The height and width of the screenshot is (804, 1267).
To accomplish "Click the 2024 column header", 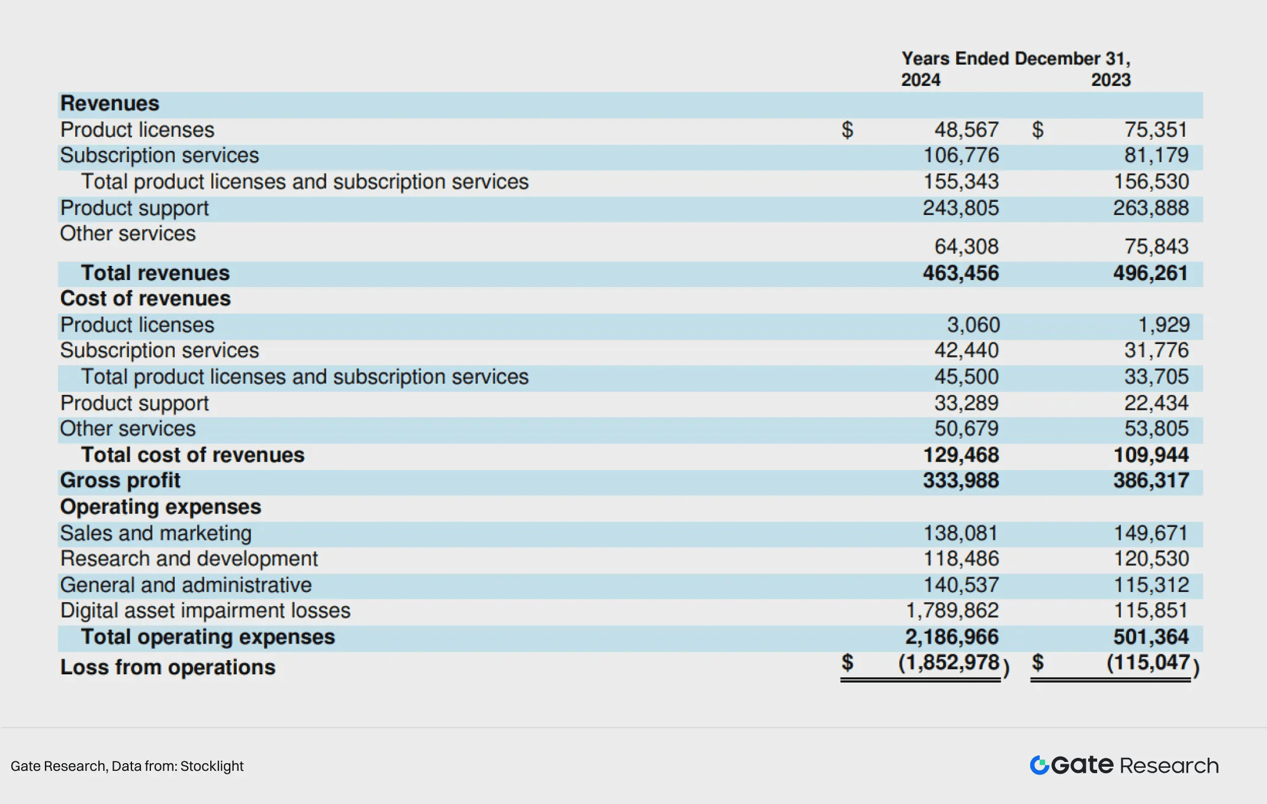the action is tap(921, 80).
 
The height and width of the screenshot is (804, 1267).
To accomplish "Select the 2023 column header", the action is tap(1111, 80).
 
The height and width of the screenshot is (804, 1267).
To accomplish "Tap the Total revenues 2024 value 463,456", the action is tap(960, 273).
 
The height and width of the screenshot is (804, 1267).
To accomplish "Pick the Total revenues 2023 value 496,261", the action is tap(1150, 273).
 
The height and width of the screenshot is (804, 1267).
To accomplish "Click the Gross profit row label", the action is tap(120, 480).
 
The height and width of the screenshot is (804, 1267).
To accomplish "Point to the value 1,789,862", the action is tap(952, 610).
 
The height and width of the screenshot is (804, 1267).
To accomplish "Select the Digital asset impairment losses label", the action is tap(205, 610).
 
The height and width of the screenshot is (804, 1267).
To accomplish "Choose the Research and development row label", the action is tap(189, 558).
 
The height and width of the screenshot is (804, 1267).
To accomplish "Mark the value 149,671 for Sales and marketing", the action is tap(1150, 533).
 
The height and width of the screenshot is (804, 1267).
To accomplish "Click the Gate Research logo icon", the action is tap(1039, 765).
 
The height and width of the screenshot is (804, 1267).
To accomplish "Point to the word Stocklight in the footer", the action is tap(212, 766).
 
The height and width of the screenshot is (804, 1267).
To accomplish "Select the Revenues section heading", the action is tap(110, 104).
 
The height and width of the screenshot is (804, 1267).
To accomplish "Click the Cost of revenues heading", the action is tap(145, 298).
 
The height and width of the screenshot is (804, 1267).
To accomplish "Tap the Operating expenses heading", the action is tap(160, 507).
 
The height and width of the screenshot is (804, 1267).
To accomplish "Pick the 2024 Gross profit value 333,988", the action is tap(960, 480).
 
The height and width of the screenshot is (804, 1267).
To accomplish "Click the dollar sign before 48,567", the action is tap(847, 130).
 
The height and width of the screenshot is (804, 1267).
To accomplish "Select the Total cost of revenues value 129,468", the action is tap(960, 455).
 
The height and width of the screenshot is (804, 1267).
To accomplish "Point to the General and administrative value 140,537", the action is tap(961, 585).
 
